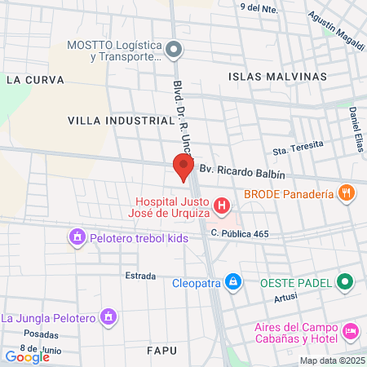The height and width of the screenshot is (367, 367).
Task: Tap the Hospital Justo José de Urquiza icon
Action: (220, 204)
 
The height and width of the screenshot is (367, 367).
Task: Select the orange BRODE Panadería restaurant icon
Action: (347, 194)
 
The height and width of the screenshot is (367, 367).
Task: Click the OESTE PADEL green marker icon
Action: (346, 283)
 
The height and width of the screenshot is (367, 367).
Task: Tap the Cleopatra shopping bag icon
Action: (233, 281)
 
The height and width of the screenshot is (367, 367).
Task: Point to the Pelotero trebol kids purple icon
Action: (77, 238)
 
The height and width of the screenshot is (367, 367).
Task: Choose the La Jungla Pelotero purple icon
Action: (108, 316)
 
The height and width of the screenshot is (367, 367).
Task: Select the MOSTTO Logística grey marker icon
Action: (172, 51)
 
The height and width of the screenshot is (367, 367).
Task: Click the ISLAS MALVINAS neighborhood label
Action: (277, 77)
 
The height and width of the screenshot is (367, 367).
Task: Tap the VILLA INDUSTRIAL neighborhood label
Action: (122, 120)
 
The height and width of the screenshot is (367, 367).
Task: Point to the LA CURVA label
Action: (34, 80)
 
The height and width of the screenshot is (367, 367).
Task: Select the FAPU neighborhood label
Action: (161, 350)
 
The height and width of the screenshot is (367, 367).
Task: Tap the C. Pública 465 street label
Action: (240, 234)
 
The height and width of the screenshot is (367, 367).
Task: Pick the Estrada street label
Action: (140, 276)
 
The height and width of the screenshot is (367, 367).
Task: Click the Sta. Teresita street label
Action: (298, 148)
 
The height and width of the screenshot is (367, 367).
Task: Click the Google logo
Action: (27, 356)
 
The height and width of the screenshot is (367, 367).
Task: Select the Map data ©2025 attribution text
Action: (332, 360)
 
